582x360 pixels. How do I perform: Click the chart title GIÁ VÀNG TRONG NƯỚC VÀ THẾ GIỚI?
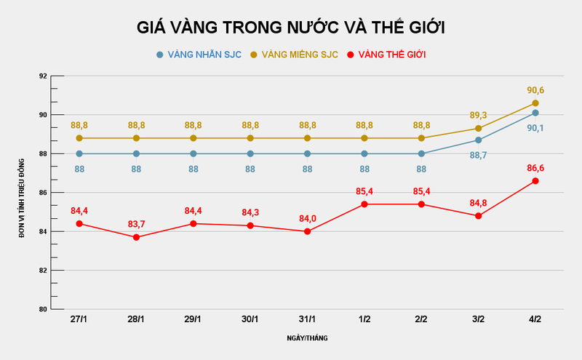click(291, 28)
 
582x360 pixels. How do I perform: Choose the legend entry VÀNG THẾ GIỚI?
click(391, 55)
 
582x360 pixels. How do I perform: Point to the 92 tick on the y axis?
click(42, 76)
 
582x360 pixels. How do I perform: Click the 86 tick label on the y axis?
click(42, 193)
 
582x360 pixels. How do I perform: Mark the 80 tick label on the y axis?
click(42, 309)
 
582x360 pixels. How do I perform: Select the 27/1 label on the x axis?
click(79, 320)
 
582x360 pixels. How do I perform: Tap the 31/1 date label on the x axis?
click(307, 320)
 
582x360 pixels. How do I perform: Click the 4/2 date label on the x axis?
click(535, 320)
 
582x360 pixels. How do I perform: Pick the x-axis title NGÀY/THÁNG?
click(306, 338)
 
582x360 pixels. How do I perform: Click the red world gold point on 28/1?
click(136, 237)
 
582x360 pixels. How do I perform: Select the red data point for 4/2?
click(535, 181)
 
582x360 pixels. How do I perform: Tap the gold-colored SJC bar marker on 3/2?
click(478, 129)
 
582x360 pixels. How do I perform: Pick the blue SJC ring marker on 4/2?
click(535, 113)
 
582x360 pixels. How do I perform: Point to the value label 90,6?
click(535, 90)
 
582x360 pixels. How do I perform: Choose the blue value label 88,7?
click(478, 155)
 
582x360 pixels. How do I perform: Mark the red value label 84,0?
click(307, 217)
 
